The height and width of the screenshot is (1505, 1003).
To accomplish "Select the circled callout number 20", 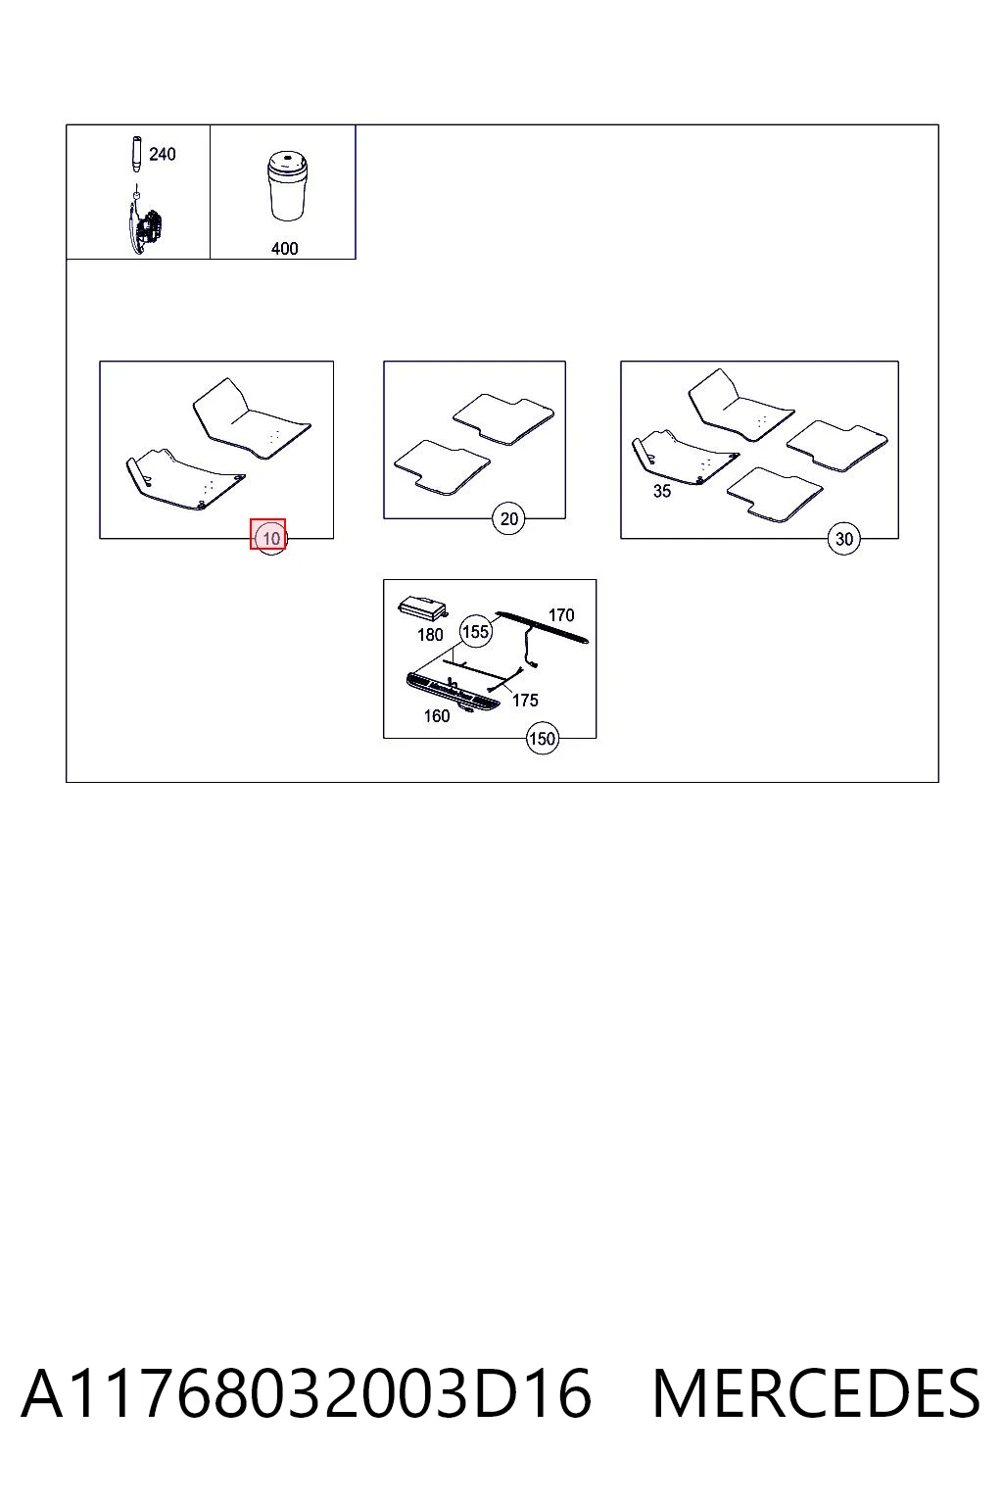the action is [x=508, y=518].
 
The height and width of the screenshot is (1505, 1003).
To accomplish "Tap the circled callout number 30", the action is [x=843, y=538].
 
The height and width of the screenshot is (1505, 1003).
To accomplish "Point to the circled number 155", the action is [x=476, y=632].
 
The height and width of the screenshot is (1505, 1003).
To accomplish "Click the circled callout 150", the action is [x=542, y=739].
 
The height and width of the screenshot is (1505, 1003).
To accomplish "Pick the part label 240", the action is [x=162, y=155].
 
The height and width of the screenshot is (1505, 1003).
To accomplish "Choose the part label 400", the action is [x=284, y=249].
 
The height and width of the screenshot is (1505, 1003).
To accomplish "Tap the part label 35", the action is [x=662, y=491].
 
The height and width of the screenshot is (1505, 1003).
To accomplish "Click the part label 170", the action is [x=561, y=614].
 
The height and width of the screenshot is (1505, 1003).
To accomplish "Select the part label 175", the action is [x=525, y=701].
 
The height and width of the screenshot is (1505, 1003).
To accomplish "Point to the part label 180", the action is [x=430, y=635].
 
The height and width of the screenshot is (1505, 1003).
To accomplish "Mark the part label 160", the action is [x=437, y=716].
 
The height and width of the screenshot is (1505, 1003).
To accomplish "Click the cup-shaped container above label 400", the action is [x=288, y=185].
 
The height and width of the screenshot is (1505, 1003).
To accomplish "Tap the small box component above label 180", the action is [x=422, y=607].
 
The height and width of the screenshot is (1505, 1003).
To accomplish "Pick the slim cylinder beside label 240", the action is [x=136, y=155].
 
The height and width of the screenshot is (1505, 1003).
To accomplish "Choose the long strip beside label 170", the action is [x=542, y=627].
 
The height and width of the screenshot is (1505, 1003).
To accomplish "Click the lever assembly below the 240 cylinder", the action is [x=143, y=225].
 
